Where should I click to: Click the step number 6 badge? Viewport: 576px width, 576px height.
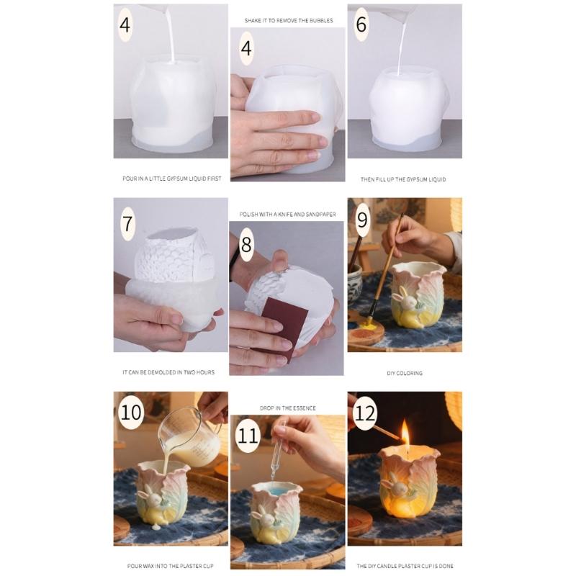coord(361,24)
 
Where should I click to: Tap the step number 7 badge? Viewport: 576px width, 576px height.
coord(127,224)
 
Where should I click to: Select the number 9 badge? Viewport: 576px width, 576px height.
coord(362,220)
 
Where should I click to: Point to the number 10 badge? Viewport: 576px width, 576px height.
coord(131,412)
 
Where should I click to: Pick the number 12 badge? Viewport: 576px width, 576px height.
coord(365,413)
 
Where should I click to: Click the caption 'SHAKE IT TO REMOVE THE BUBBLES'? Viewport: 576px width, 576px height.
coord(289,21)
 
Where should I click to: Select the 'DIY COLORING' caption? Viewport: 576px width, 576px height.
coord(405,373)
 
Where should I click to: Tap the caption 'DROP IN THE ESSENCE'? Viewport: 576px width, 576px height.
coord(287,408)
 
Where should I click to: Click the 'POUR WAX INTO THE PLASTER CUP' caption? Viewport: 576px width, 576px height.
coord(170,566)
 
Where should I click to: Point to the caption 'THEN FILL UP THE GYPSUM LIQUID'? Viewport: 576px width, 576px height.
coord(403,179)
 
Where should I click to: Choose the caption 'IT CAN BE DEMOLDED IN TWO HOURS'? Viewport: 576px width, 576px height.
coord(168,372)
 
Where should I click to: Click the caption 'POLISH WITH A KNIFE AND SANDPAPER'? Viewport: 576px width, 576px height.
coord(287,214)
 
